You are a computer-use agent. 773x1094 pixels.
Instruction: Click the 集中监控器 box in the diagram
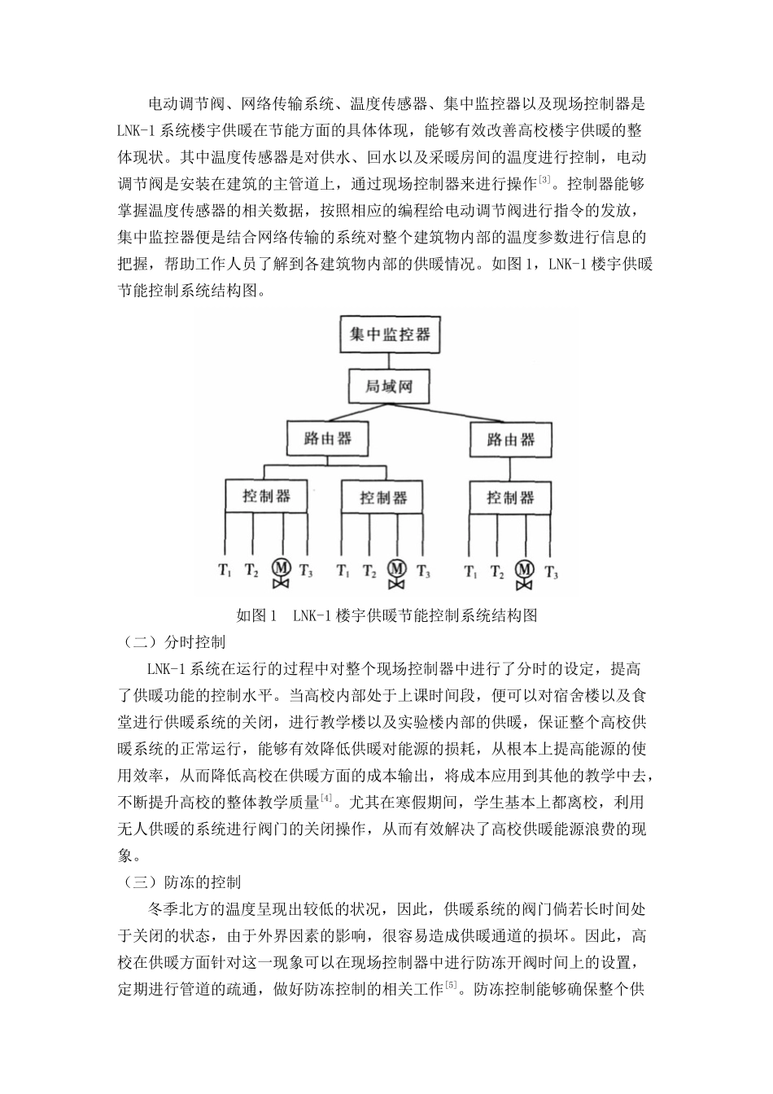pos(389,334)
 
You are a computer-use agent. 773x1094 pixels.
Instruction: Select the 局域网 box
pos(389,386)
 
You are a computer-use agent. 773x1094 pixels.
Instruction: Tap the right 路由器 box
pos(510,440)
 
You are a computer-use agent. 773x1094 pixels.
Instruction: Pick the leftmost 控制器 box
pos(266,496)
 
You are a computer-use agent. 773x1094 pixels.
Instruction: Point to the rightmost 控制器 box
pos(510,497)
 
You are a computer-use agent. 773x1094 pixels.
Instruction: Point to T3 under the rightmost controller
pos(552,571)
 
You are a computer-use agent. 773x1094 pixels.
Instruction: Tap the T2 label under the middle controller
pos(369,571)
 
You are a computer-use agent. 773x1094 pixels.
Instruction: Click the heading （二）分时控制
pos(173,642)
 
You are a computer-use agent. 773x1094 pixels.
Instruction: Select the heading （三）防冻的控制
pos(180,882)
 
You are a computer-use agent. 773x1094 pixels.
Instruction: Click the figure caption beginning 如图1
pos(387,615)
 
